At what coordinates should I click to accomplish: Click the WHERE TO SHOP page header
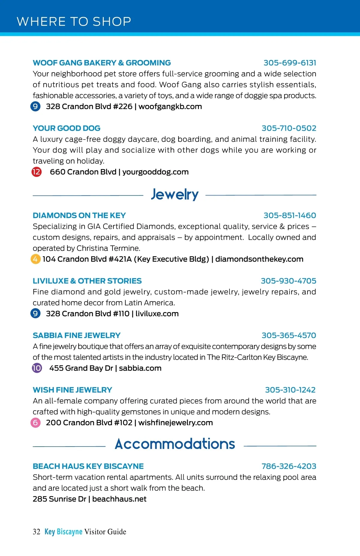click(x=74, y=22)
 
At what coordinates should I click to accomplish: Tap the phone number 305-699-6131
click(x=290, y=63)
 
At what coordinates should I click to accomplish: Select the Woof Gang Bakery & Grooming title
click(x=102, y=63)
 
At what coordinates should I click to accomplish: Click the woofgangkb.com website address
click(x=170, y=107)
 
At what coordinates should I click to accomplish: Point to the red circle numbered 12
click(x=37, y=172)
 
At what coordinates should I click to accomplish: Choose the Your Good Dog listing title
click(x=67, y=128)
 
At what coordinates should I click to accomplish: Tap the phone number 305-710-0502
click(x=289, y=128)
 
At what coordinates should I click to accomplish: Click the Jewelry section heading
click(x=175, y=195)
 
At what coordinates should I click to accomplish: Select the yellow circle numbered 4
click(x=35, y=259)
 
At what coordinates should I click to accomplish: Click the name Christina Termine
click(x=108, y=248)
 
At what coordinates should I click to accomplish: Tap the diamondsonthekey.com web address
click(x=259, y=259)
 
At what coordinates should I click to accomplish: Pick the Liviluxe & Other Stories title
click(x=87, y=281)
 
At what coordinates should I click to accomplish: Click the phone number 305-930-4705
click(x=288, y=281)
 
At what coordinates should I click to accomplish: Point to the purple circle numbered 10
click(x=37, y=368)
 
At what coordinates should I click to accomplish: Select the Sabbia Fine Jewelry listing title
click(x=76, y=336)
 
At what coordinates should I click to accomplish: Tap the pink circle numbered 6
click(x=35, y=423)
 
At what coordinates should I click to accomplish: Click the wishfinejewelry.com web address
click(x=175, y=423)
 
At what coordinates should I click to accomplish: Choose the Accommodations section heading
click(x=175, y=444)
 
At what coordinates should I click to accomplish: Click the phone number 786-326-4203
click(x=289, y=466)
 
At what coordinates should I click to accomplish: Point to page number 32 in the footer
click(x=36, y=532)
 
